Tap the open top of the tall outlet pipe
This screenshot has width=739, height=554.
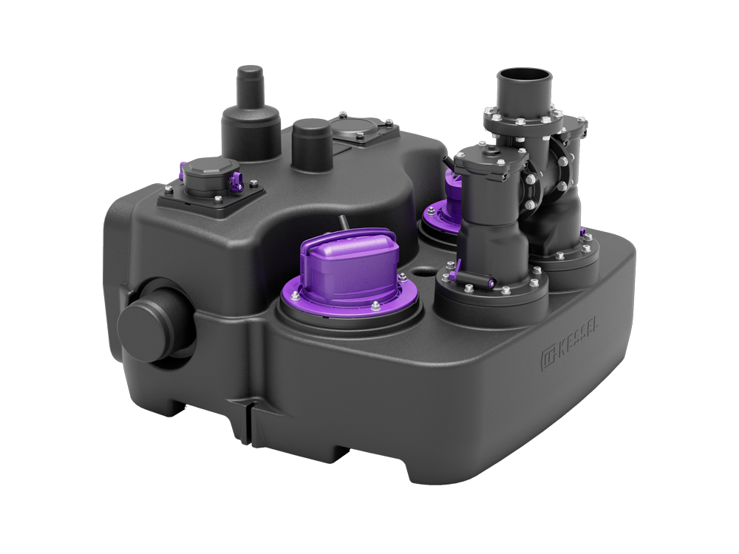click(x=524, y=76)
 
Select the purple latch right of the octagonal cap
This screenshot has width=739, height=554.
click(x=235, y=182)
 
